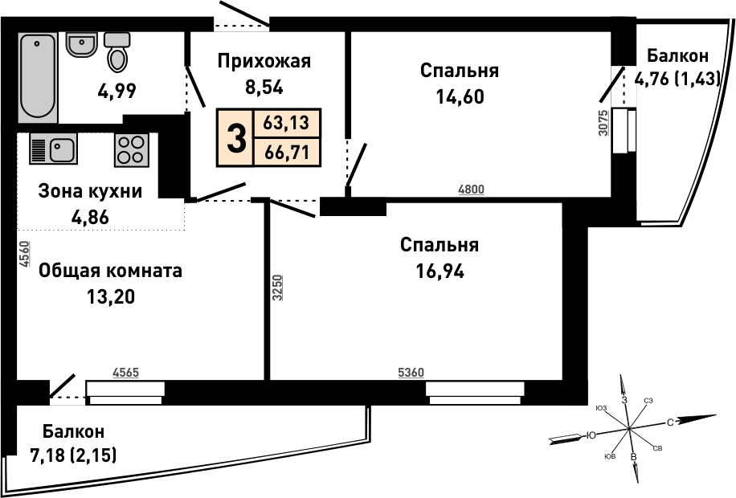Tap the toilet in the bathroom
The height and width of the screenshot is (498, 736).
click(117, 51)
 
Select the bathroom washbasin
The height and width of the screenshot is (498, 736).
click(81, 44)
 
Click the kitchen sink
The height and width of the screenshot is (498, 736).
click(53, 149)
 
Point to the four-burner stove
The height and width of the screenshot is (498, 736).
click(132, 150)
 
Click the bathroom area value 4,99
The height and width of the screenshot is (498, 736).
click(117, 91)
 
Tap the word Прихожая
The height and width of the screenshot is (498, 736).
click(264, 61)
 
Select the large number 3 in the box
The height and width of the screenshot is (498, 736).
click(236, 138)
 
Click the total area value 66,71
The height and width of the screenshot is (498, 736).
click(287, 152)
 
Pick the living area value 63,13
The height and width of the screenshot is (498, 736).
click(286, 123)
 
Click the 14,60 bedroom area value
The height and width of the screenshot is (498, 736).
click(460, 96)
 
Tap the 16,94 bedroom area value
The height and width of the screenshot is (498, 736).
click(440, 271)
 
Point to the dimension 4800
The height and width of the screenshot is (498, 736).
click(472, 189)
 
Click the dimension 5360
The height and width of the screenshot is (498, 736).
click(411, 373)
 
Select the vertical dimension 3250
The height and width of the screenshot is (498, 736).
click(277, 288)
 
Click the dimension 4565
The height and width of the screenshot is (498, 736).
click(126, 373)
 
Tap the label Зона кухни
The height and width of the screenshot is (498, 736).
click(90, 191)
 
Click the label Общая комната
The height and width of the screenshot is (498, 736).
click(110, 271)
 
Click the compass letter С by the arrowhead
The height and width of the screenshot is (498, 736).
click(670, 422)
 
